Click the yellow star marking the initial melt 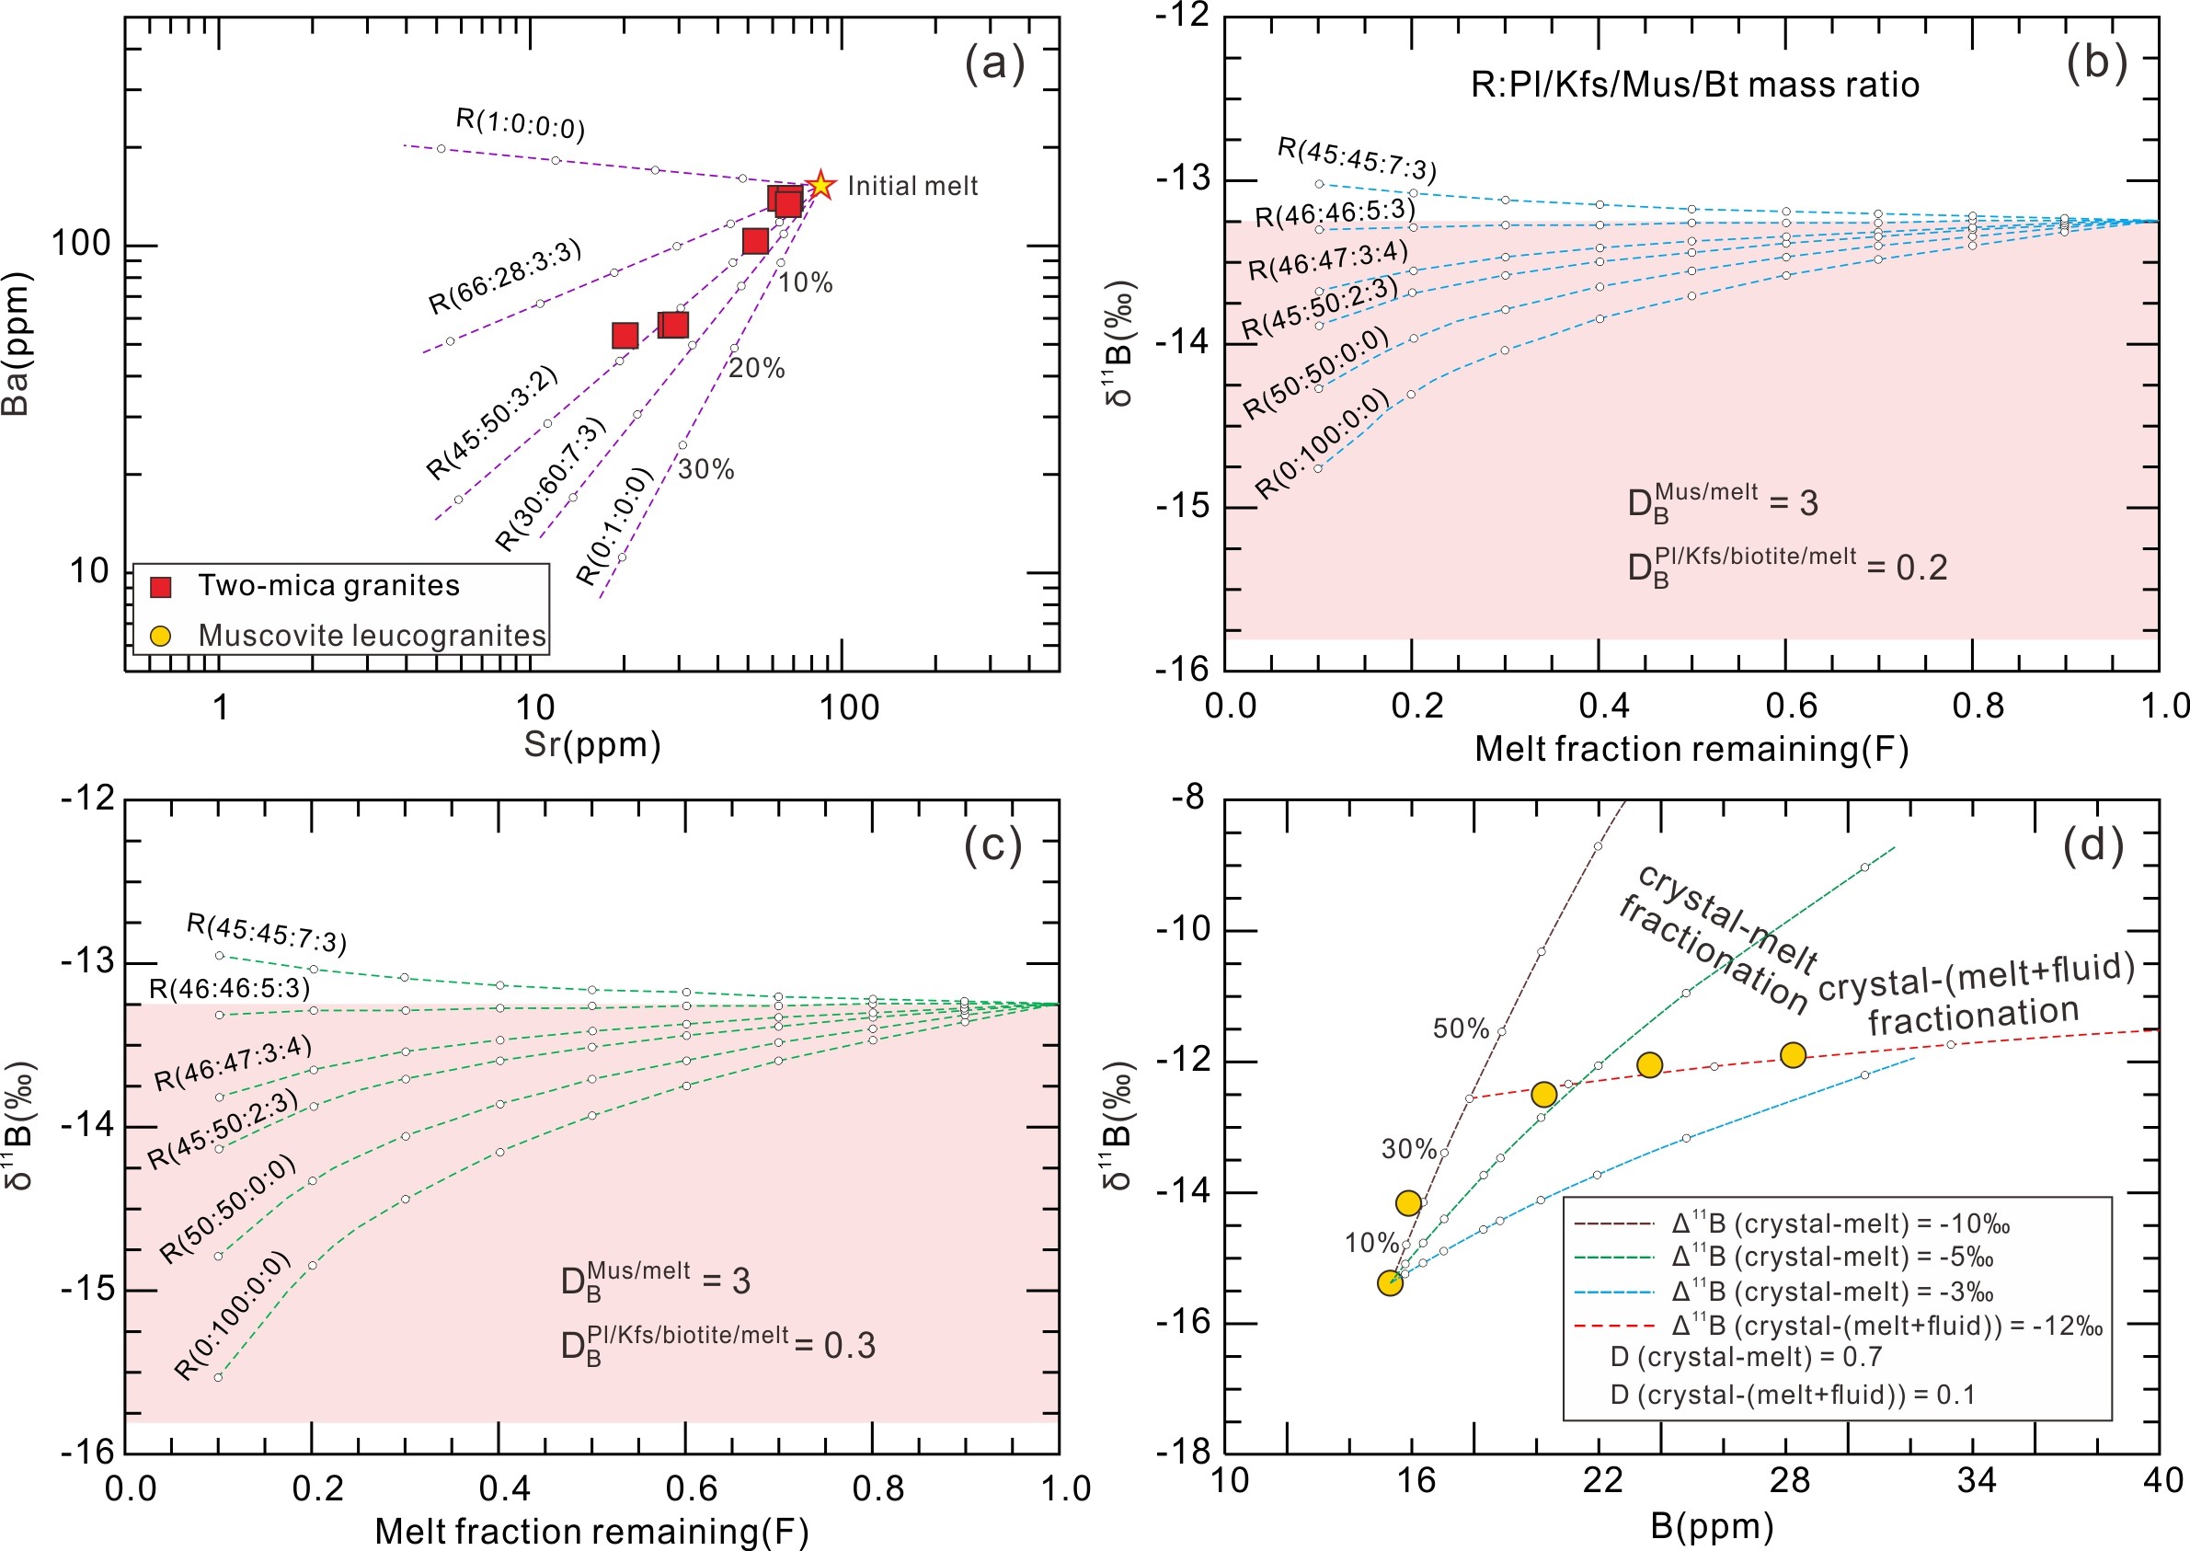(820, 185)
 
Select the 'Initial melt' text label (912, 186)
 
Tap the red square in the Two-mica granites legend (161, 587)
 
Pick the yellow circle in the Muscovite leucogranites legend (161, 636)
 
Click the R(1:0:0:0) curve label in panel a (521, 123)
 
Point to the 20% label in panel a (757, 369)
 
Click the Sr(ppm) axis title (592, 745)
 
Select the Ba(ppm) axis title (17, 344)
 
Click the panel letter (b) (2096, 63)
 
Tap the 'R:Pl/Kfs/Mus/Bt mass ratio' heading (1694, 85)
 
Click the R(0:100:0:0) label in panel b (1323, 444)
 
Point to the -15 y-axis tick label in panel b (1184, 506)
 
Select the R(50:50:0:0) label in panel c (227, 1208)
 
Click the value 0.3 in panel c (850, 1346)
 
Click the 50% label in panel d (1461, 1028)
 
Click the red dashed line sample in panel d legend (1613, 1327)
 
